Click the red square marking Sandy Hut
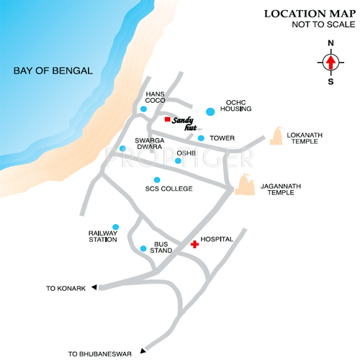pyautogui.click(x=167, y=120)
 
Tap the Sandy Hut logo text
pyautogui.click(x=185, y=124)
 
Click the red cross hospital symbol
pyautogui.click(x=194, y=245)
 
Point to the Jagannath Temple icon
pyautogui.click(x=245, y=186)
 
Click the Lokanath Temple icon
pyautogui.click(x=276, y=136)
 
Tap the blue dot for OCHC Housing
pyautogui.click(x=210, y=112)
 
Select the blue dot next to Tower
pyautogui.click(x=201, y=138)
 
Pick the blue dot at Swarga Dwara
pyautogui.click(x=122, y=149)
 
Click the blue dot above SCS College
pyautogui.click(x=157, y=180)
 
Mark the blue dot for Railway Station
pyautogui.click(x=115, y=227)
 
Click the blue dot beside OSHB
pyautogui.click(x=178, y=161)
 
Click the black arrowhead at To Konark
pyautogui.click(x=94, y=288)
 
